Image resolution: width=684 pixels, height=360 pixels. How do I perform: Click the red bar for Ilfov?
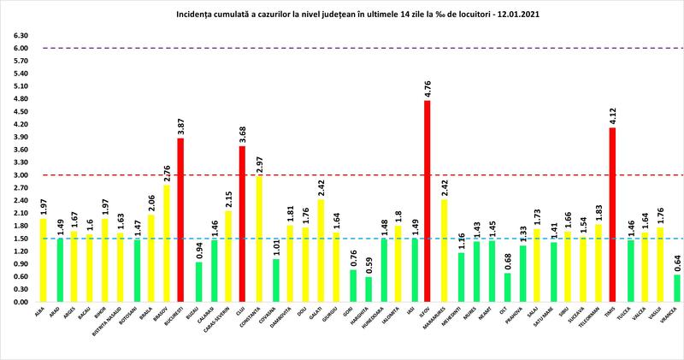click(x=427, y=202)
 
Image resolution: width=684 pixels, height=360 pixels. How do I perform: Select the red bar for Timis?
click(x=612, y=215)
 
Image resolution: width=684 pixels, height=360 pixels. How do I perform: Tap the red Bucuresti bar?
click(x=180, y=220)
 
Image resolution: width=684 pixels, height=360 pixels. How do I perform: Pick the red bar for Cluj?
click(x=242, y=224)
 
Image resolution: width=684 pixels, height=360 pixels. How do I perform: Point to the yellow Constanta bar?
click(x=257, y=239)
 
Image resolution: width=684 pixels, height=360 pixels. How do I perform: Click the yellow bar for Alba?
click(x=43, y=260)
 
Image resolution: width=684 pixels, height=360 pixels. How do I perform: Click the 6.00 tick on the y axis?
click(x=20, y=48)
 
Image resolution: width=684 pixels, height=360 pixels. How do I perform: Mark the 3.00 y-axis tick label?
click(x=20, y=175)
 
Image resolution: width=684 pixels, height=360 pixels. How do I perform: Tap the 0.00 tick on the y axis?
click(x=20, y=302)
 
